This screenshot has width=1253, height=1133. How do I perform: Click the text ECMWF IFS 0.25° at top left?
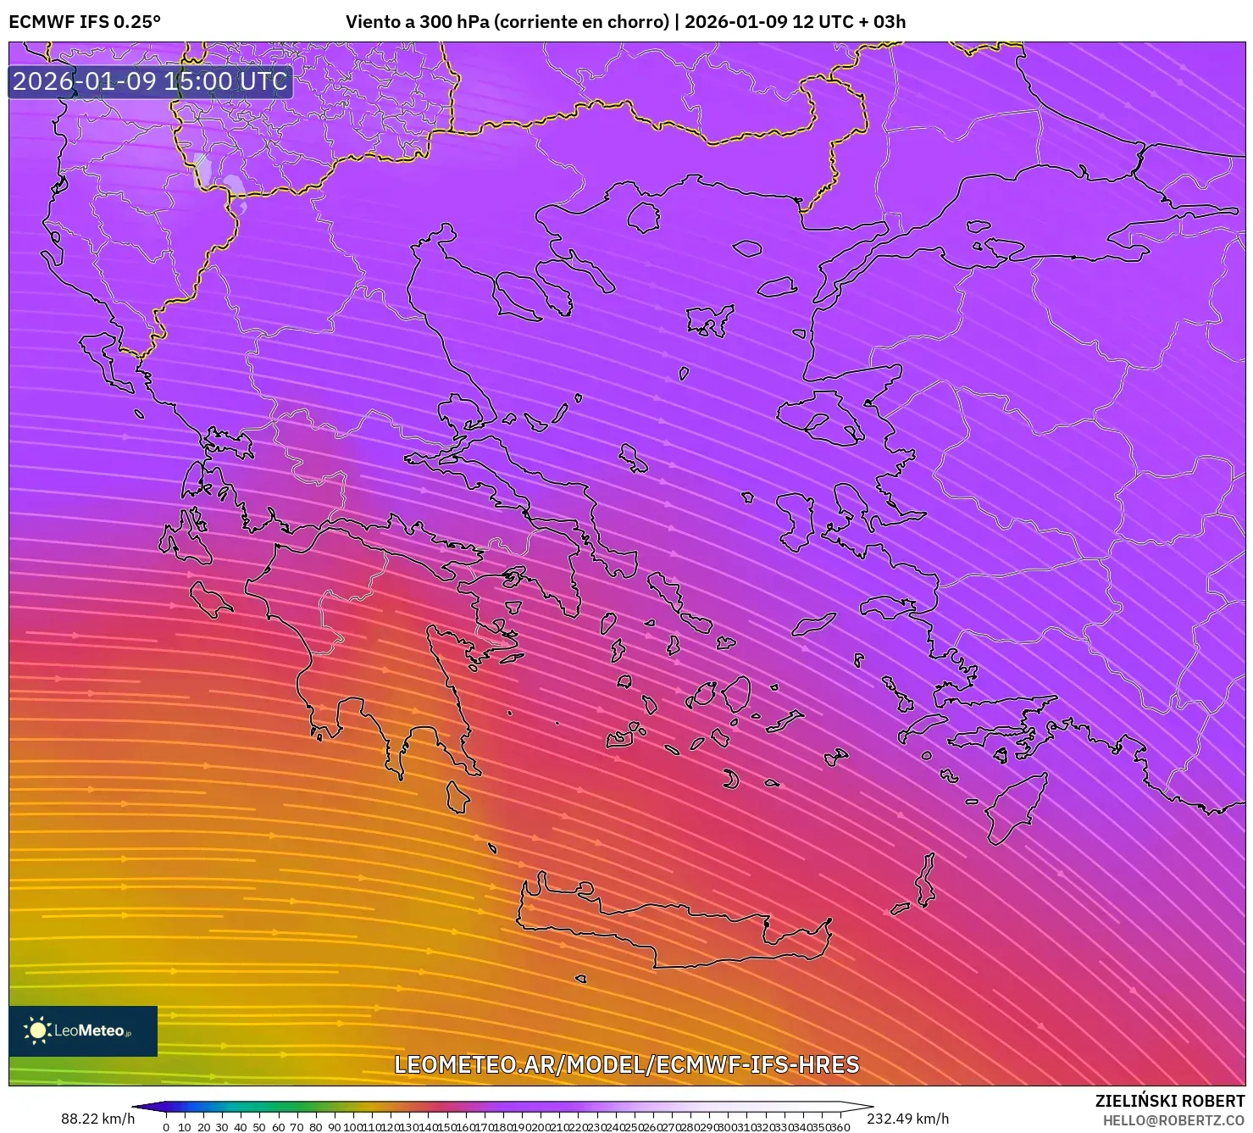(x=85, y=22)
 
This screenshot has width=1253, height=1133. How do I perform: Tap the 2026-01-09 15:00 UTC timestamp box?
(x=150, y=81)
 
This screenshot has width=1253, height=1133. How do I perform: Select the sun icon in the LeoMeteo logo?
(x=37, y=1030)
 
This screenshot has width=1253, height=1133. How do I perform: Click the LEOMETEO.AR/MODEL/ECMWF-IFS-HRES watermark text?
(x=627, y=1064)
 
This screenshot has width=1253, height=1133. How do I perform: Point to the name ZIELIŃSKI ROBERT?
(x=1169, y=1102)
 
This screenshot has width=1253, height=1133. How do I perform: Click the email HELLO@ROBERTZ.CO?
(x=1173, y=1120)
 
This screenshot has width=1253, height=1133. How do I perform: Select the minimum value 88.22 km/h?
(x=97, y=1119)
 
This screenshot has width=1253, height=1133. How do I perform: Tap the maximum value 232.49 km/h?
(x=907, y=1119)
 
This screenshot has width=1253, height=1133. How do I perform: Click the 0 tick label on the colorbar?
(x=166, y=1127)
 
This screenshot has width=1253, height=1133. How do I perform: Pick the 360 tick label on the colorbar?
(x=840, y=1127)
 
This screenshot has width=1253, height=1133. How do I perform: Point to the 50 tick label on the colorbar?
(x=259, y=1127)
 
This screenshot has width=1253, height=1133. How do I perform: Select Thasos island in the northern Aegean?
(x=643, y=217)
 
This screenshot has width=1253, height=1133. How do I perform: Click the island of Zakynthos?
(x=209, y=599)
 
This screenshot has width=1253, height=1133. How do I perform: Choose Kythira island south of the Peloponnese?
(x=457, y=797)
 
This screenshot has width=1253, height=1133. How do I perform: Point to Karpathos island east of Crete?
(x=926, y=880)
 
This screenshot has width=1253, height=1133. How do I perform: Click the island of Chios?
(x=796, y=519)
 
